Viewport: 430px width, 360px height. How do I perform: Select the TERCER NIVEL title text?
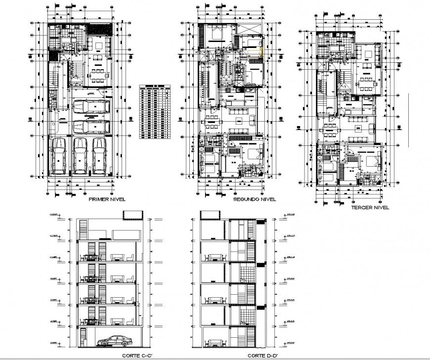coord(370,208)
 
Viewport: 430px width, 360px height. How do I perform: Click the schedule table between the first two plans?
coord(155,109)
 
